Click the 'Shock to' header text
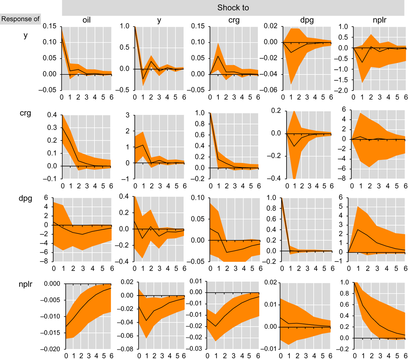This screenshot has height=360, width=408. (233, 8)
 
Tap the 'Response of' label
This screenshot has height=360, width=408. (20, 19)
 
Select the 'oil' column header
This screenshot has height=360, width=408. (86, 20)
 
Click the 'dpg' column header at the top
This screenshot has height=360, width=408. (307, 20)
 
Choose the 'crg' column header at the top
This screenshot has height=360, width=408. (234, 20)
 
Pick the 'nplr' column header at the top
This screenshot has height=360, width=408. (379, 20)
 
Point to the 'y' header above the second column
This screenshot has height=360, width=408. (159, 20)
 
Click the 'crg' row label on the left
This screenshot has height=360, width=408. (25, 113)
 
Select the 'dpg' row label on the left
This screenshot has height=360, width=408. (25, 198)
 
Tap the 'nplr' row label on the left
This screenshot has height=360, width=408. (25, 284)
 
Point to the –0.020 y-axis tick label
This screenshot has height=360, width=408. (51, 349)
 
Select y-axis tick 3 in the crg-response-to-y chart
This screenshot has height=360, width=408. (127, 115)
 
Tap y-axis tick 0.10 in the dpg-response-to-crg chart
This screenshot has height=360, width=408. (198, 198)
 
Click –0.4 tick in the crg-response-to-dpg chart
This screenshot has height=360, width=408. (274, 178)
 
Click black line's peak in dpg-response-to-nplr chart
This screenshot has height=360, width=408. (358, 229)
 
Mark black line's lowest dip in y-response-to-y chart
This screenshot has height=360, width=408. (143, 79)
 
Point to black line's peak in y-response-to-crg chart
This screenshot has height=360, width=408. (218, 56)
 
